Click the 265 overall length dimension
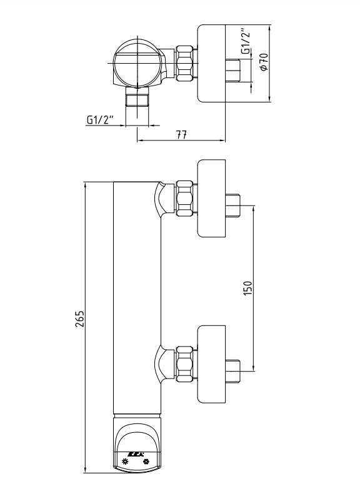coord(81,319)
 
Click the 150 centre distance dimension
coord(248,288)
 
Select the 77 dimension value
coord(181,135)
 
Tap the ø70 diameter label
coord(264,62)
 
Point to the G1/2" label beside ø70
coord(246,43)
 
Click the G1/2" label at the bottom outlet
coord(100,120)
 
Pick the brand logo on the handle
coord(136,454)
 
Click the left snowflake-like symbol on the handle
coord(126,462)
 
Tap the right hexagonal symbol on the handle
coord(146,462)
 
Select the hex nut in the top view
coord(184,63)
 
